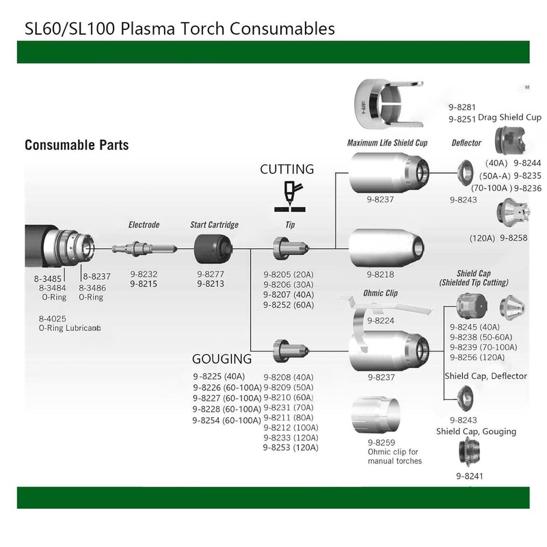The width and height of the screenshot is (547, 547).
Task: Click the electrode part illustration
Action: point(144,249)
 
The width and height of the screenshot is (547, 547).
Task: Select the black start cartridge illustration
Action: point(213,249)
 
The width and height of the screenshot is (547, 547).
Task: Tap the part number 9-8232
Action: point(144,274)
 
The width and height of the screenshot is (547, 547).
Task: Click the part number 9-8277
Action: point(211,274)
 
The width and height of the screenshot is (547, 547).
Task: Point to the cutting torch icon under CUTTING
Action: point(289,196)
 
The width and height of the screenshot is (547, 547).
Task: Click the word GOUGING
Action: point(222,359)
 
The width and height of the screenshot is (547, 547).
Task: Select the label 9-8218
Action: point(380,275)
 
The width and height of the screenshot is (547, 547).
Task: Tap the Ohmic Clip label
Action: point(380,293)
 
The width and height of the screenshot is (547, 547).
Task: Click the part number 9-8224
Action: point(381,321)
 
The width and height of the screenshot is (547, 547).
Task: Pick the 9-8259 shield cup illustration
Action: point(375,414)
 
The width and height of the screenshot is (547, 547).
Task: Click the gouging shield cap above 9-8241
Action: point(469,452)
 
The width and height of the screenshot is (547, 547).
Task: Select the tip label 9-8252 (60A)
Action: point(289,305)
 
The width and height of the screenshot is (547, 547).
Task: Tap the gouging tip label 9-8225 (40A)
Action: point(219,377)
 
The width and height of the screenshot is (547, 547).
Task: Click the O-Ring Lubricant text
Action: point(70,328)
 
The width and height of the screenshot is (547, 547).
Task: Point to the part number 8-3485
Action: point(47,279)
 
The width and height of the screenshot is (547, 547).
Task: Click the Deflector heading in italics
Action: point(466,143)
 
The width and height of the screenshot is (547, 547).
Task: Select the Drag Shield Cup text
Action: point(509,117)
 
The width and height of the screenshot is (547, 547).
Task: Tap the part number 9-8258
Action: point(513,238)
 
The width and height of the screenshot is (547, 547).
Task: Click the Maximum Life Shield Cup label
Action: point(387,143)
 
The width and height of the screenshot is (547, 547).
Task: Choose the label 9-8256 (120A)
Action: point(477,357)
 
